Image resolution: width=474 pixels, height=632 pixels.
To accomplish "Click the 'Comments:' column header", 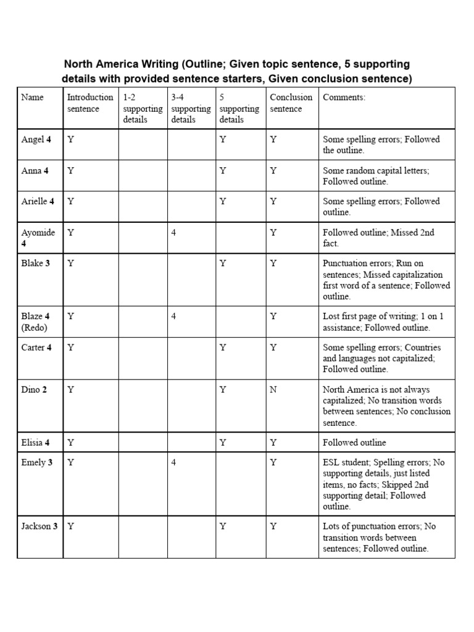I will click(344, 98).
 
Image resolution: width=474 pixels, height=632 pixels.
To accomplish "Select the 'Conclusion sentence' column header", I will click(291, 103).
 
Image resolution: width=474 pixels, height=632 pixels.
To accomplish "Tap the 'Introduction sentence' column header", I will click(89, 103).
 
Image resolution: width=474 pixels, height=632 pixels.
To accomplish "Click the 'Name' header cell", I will click(32, 98).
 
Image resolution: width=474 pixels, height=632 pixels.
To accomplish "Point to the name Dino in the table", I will click(31, 389).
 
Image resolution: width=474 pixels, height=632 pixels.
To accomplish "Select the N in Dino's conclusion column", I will click(273, 389).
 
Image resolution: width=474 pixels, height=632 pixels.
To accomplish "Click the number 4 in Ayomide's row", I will click(174, 233).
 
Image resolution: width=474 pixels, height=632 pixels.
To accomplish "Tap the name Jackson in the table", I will click(36, 526).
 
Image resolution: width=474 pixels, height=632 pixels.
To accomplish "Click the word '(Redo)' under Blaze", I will click(34, 328).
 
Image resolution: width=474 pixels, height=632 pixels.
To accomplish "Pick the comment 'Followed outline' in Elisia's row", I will click(354, 443).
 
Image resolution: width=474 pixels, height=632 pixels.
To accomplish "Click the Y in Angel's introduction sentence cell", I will click(70, 139).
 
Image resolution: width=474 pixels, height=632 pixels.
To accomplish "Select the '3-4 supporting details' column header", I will click(191, 109).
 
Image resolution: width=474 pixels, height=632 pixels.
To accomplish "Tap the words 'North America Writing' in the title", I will click(118, 65).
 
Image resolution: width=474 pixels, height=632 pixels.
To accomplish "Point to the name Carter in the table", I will click(33, 347).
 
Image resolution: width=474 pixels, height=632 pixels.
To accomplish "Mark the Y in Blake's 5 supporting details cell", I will click(222, 264).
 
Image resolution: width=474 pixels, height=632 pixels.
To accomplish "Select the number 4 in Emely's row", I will click(174, 462).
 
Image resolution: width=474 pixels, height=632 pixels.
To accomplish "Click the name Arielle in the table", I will click(35, 201).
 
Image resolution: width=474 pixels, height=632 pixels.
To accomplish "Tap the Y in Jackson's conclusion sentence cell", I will click(273, 526).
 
